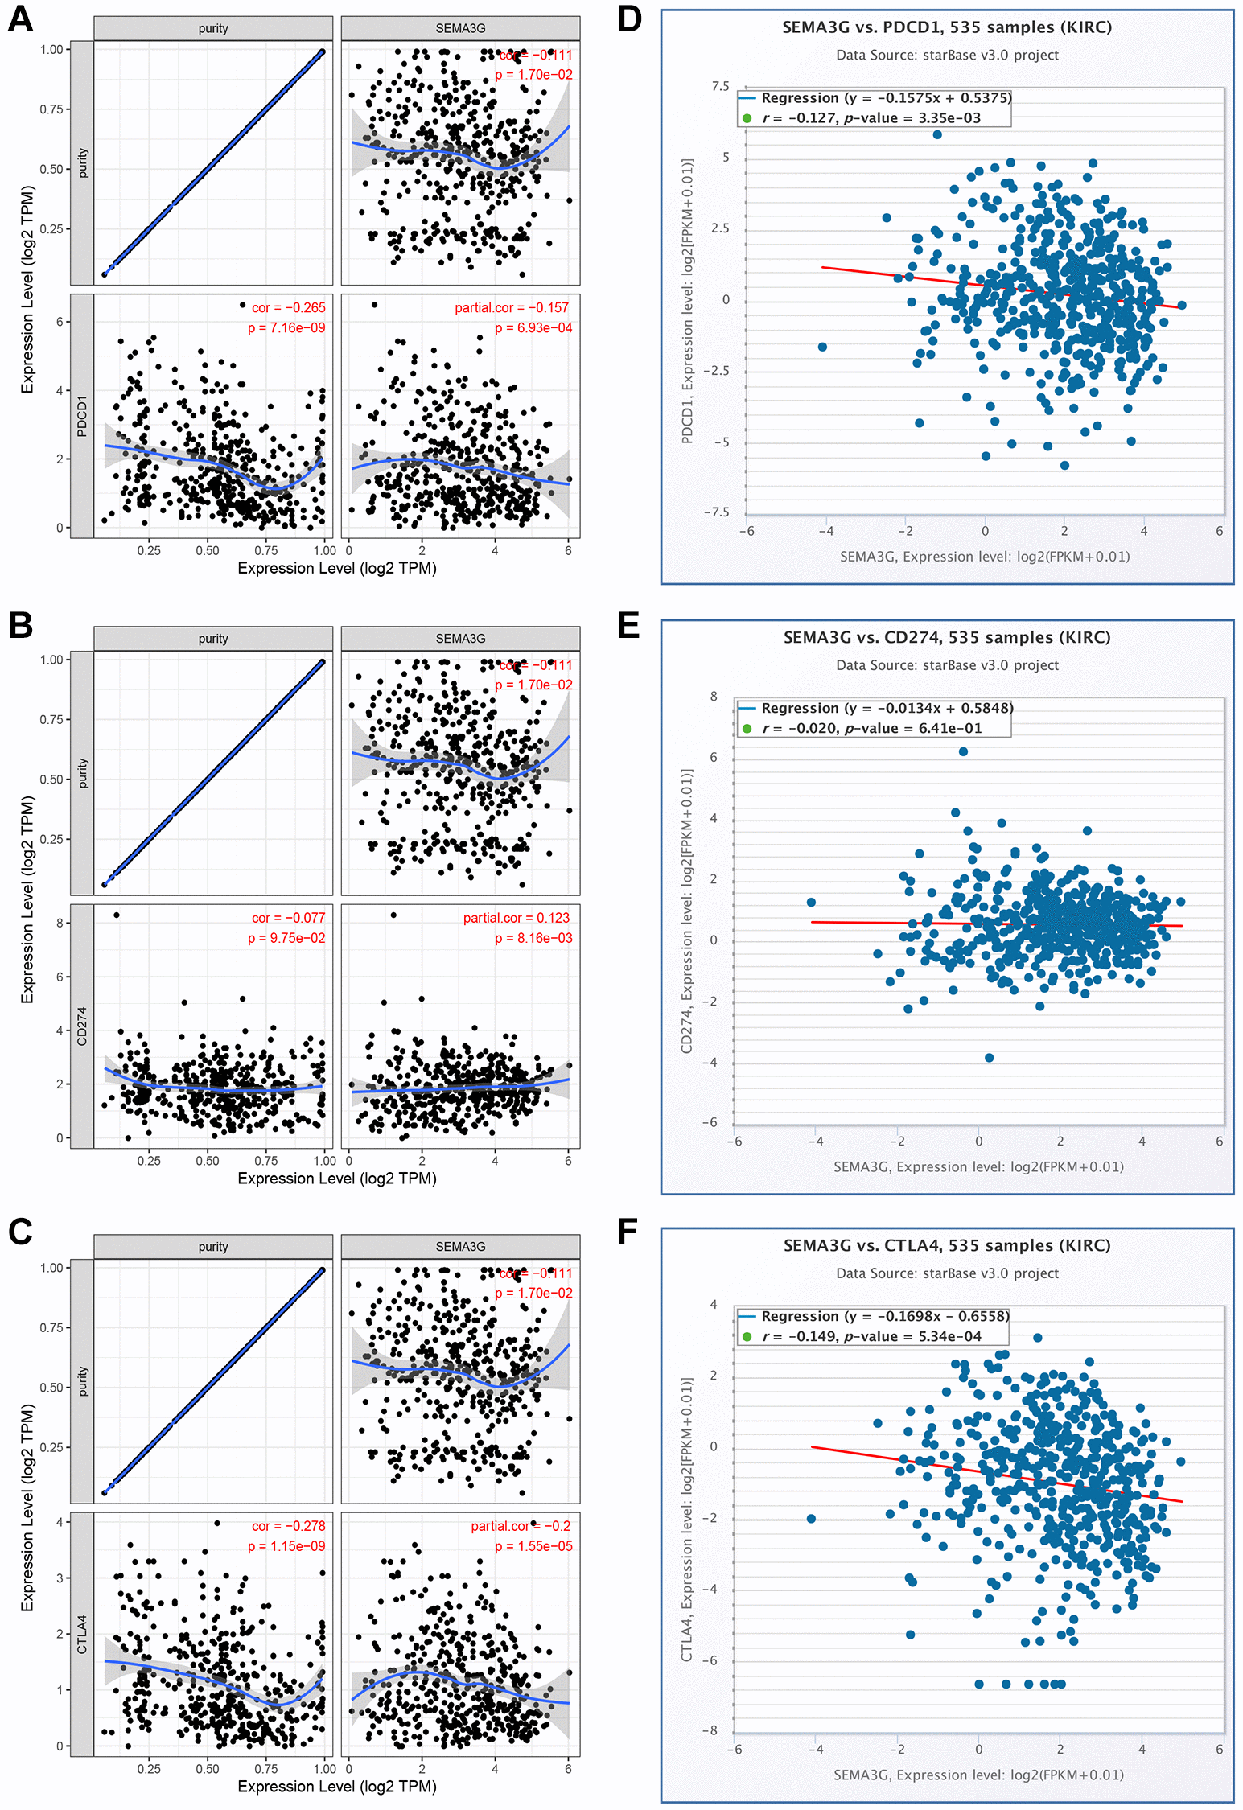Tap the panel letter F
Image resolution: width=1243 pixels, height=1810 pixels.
click(628, 1232)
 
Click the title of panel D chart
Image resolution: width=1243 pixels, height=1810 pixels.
click(947, 27)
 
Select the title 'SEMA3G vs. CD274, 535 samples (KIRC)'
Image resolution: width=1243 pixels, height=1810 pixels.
click(947, 637)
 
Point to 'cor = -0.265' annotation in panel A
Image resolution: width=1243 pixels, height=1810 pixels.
click(288, 307)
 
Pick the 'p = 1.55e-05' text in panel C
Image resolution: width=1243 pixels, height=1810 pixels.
click(533, 1546)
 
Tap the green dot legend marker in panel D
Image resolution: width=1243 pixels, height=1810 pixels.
click(747, 118)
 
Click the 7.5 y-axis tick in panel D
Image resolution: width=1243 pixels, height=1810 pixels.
click(720, 86)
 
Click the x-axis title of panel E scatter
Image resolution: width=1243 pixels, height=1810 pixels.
click(978, 1166)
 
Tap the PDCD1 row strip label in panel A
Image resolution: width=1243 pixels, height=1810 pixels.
click(81, 416)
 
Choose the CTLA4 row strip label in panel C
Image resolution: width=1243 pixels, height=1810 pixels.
click(81, 1635)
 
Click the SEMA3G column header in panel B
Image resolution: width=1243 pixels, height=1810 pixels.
click(460, 639)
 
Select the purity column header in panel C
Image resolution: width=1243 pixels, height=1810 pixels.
click(213, 1247)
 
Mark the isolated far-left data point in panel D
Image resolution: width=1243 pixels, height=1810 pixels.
click(822, 347)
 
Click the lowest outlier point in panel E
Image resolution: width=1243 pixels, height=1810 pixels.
click(989, 1058)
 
